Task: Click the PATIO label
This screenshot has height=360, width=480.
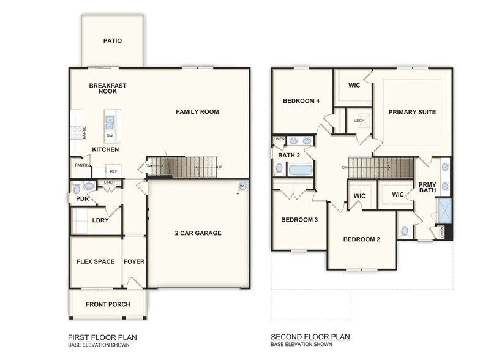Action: coord(112,41)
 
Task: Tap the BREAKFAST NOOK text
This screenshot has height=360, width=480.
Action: coord(107,88)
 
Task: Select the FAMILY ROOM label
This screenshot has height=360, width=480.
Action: coord(197,112)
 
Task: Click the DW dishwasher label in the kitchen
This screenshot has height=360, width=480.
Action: coord(110,135)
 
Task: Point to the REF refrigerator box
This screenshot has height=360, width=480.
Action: coord(114,171)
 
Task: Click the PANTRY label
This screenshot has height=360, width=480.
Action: coord(82,165)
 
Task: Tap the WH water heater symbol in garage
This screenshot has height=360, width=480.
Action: coord(242,186)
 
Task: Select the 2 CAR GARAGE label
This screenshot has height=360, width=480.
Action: coord(198,233)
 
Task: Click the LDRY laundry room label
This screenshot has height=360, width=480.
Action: coord(100,220)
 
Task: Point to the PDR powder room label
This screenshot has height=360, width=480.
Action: coord(82,199)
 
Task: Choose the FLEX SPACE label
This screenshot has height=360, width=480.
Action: coord(96,261)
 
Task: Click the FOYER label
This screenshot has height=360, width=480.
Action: coord(134,261)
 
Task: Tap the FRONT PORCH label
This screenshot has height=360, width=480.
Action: coord(108,304)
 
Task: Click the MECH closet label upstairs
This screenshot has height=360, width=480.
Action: coord(359,121)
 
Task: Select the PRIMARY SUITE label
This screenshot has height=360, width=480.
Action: coord(412,113)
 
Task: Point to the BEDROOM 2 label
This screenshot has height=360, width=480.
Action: coord(361,239)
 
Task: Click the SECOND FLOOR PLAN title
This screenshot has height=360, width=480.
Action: coord(310,337)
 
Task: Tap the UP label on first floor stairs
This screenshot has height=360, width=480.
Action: coord(219,167)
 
